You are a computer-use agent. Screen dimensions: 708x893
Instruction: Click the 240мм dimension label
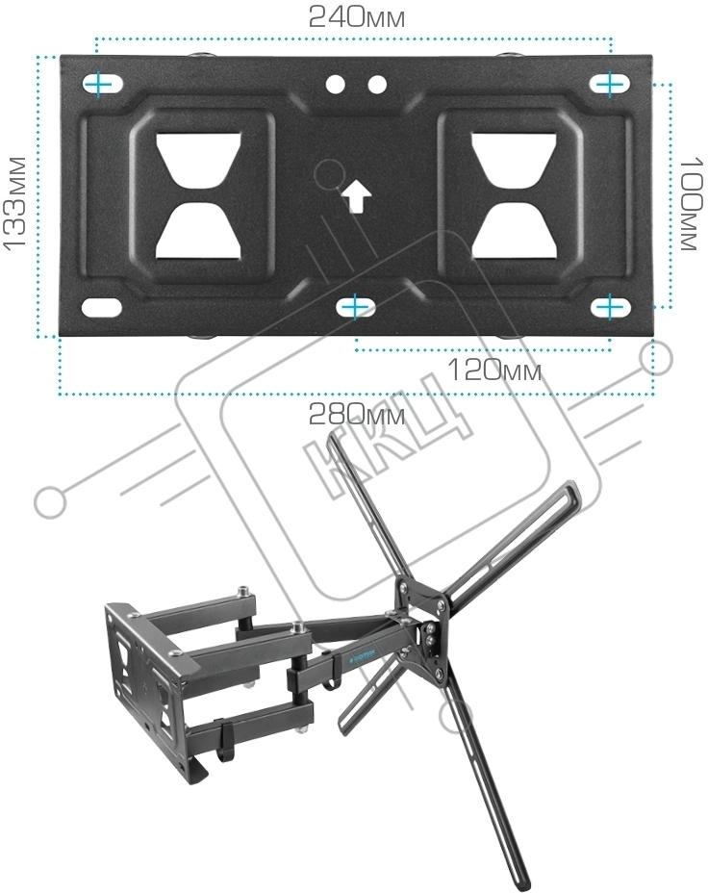pos(357,17)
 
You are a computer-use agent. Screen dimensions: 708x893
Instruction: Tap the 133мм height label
pos(15,202)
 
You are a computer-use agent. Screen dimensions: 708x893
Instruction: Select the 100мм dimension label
pos(692,203)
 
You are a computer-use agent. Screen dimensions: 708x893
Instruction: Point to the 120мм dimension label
pos(494,370)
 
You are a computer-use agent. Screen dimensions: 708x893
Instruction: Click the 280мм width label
pos(357,414)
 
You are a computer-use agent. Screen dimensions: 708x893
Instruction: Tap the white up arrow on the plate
pos(356,197)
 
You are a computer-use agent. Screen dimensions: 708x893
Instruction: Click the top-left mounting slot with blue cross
pos(102,85)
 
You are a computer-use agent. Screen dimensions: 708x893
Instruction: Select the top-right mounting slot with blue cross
pos(610,85)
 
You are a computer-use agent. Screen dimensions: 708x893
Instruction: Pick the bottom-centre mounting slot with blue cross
pos(355,307)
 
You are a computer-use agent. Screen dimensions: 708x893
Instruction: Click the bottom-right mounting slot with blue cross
pos(610,307)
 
